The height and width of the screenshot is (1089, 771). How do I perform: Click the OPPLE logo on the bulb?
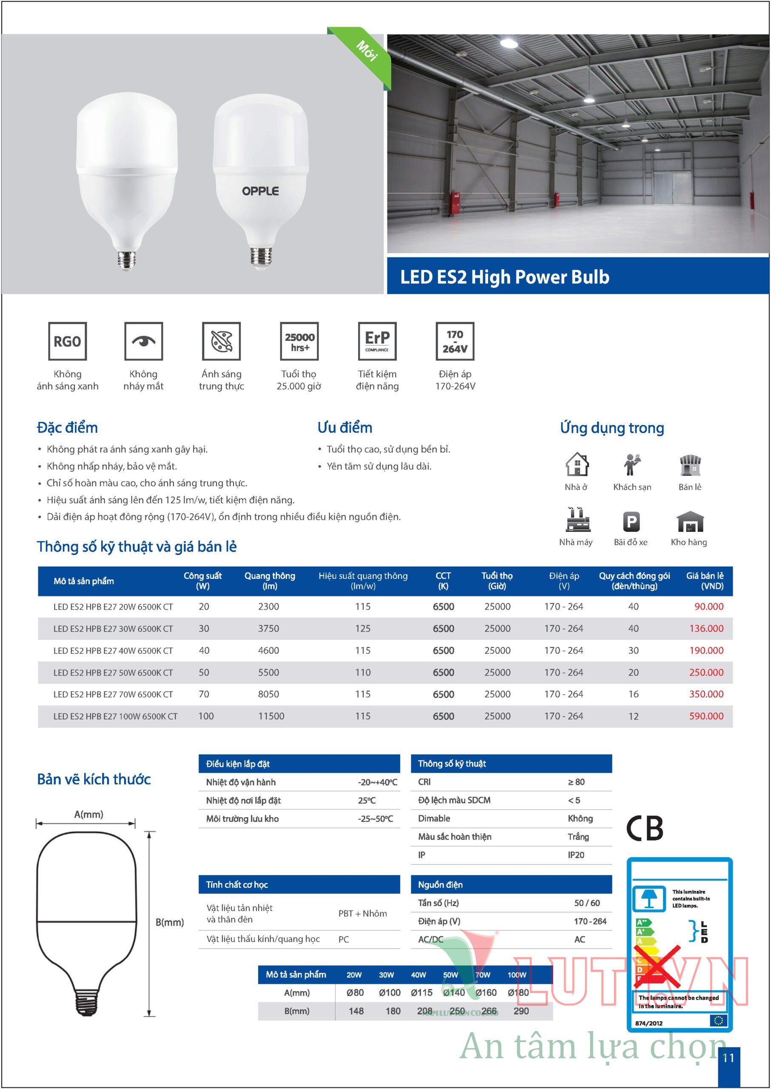click(260, 191)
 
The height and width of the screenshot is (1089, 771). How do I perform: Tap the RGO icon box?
click(68, 341)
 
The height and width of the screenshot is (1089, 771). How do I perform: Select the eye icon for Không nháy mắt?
click(143, 341)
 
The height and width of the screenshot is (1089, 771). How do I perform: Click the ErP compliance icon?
click(377, 341)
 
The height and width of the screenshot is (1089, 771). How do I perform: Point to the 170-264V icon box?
click(455, 341)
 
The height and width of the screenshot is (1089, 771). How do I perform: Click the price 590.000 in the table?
click(706, 716)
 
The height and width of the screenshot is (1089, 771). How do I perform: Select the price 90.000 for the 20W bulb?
click(708, 607)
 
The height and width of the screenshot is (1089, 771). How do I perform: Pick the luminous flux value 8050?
click(268, 694)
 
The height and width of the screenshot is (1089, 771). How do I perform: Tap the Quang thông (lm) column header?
click(270, 581)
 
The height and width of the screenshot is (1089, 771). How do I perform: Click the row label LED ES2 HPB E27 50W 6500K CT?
click(113, 673)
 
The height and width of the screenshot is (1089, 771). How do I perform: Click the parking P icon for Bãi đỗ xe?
click(631, 522)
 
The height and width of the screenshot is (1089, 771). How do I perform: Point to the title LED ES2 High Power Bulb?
click(504, 277)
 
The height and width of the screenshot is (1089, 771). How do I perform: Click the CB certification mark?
click(644, 829)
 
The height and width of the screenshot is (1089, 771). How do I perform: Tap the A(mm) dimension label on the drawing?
click(88, 815)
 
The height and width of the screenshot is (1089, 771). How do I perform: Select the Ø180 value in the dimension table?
click(518, 992)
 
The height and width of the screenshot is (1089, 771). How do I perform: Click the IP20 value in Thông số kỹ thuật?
click(576, 855)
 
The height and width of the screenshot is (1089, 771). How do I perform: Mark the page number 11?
click(728, 1058)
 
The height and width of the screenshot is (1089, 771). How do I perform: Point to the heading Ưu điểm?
click(344, 428)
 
